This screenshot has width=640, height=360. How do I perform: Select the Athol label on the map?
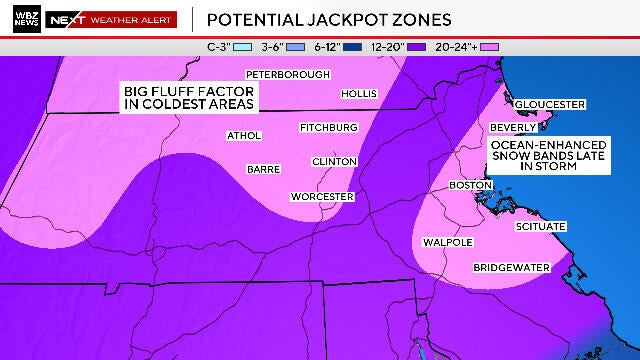[243, 135]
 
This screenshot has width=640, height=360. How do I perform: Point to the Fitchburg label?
[328, 128]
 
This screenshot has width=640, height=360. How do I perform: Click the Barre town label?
[262, 169]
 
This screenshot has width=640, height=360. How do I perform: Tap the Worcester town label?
[322, 197]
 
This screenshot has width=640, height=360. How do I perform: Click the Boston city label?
[471, 185]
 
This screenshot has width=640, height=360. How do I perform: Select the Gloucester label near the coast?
[549, 104]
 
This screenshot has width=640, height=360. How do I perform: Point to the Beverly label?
[514, 128]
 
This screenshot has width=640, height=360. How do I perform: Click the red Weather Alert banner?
[132, 19]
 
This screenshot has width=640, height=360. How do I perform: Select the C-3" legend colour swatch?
[241, 46]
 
